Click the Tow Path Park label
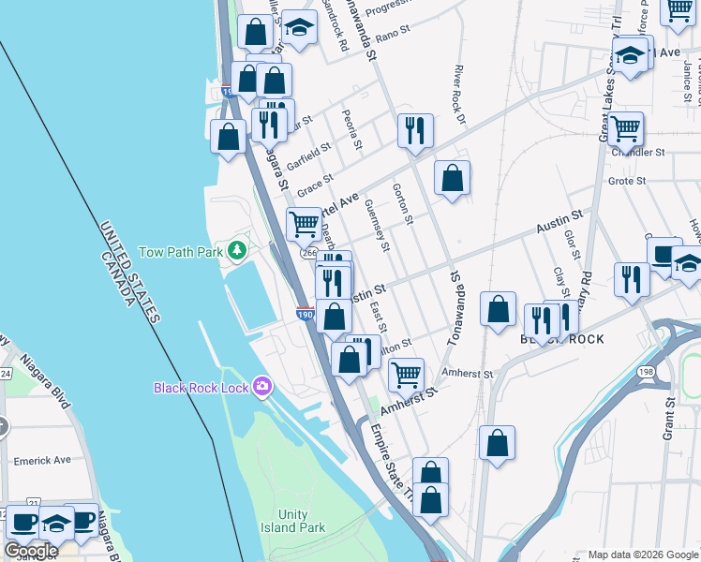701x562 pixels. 181,252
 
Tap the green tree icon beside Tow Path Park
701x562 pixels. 238,249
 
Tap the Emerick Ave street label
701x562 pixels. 43,461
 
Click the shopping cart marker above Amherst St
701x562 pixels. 406,375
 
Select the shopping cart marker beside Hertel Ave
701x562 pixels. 304,224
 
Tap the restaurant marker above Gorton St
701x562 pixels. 414,129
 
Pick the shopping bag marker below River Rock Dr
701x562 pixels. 452,177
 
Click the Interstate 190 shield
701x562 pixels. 305,317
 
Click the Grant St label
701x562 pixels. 670,417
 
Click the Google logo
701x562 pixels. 31,551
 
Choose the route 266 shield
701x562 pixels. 308,252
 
